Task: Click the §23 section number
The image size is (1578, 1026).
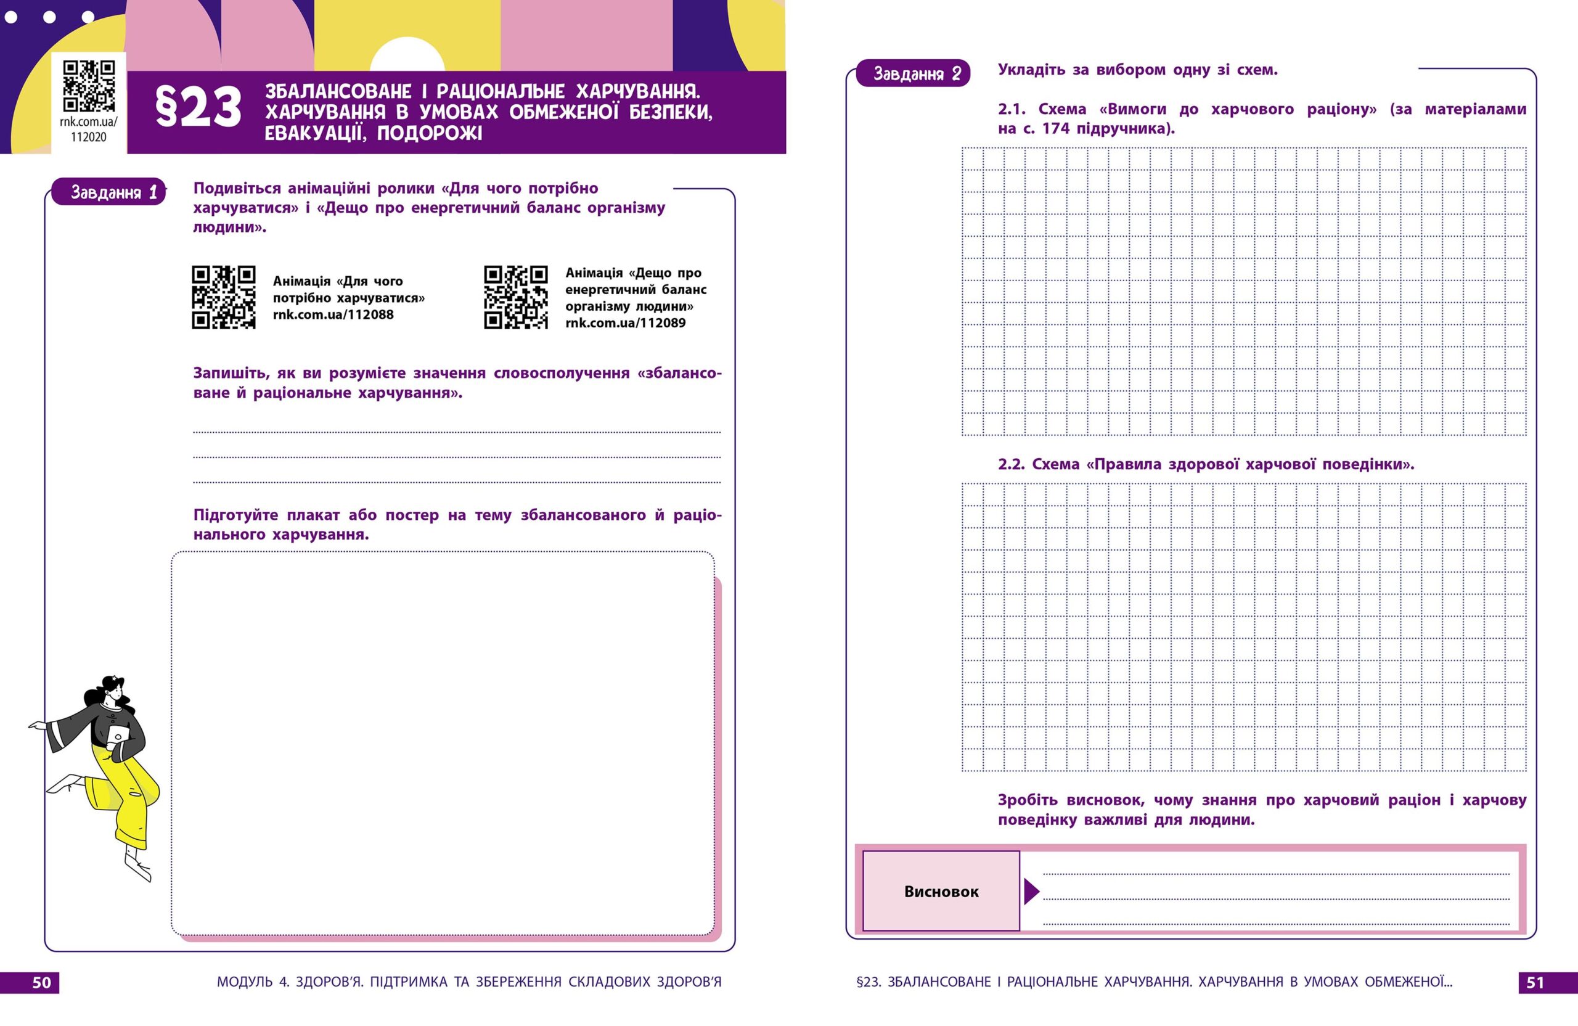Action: tap(198, 108)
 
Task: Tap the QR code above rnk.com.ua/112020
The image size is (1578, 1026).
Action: tap(89, 86)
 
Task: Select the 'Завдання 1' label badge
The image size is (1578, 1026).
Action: tap(108, 192)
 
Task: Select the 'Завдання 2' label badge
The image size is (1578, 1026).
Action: tap(912, 73)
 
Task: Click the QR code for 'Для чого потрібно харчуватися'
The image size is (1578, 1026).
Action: tap(223, 297)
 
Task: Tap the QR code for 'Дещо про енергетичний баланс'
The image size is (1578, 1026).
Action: tap(516, 297)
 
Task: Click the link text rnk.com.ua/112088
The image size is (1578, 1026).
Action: tap(333, 315)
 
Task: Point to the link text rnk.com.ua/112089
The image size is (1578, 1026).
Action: tap(625, 323)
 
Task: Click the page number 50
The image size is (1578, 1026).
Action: tap(41, 982)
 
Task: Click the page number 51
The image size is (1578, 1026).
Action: tap(1535, 982)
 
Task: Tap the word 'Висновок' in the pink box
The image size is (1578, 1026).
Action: tap(941, 892)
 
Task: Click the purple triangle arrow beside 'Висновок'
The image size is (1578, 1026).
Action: tap(1031, 892)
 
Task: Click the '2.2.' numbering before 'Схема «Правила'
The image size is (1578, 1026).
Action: tap(1011, 464)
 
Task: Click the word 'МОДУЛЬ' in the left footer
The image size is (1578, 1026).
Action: tap(245, 982)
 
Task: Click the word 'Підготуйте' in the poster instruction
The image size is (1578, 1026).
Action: tap(235, 515)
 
